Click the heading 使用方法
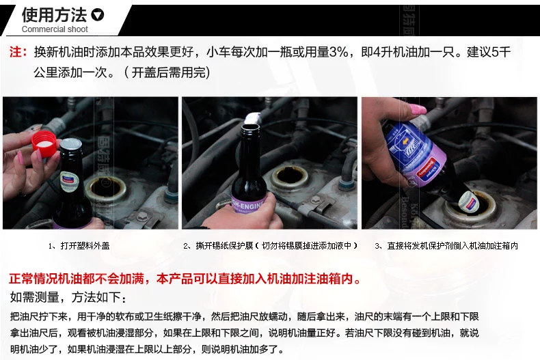(55, 15)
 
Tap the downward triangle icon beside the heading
(98, 15)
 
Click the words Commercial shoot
(55, 29)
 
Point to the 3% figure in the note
(338, 52)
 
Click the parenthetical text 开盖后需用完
(167, 72)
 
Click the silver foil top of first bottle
(71, 145)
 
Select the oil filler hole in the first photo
(106, 187)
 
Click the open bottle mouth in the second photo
(250, 128)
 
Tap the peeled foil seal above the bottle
(253, 117)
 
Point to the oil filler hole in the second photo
(290, 176)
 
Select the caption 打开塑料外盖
(79, 246)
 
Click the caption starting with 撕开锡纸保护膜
(271, 246)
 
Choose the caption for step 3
(446, 246)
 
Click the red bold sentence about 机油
(185, 279)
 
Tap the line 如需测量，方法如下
(68, 297)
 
